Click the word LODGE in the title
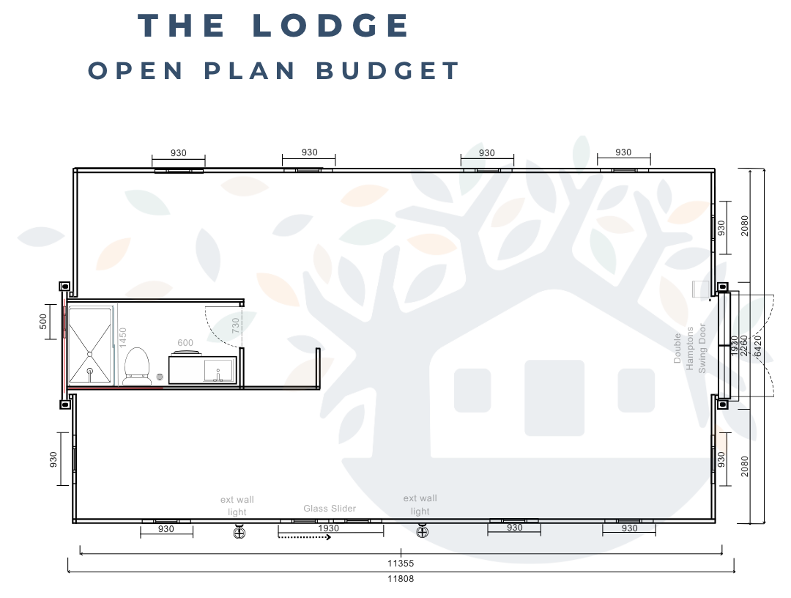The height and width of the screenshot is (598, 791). click(331, 26)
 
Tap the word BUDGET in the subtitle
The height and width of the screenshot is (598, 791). click(388, 71)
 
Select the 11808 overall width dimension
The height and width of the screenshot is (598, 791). click(401, 577)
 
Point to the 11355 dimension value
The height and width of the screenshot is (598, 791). click(401, 564)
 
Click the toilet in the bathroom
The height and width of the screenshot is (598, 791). click(136, 365)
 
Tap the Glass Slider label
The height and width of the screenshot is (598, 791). click(330, 508)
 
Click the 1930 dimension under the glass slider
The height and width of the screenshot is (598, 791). click(330, 528)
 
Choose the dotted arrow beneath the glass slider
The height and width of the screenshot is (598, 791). click(305, 537)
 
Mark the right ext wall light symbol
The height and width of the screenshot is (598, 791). click(421, 532)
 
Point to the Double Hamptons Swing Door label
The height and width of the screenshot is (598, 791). click(690, 348)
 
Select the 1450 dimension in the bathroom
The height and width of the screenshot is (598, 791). click(123, 338)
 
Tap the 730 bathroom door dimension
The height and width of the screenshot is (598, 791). click(235, 325)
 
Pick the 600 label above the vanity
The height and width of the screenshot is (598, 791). click(185, 342)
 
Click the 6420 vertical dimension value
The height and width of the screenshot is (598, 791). click(757, 344)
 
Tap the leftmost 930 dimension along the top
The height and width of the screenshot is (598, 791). click(178, 153)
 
